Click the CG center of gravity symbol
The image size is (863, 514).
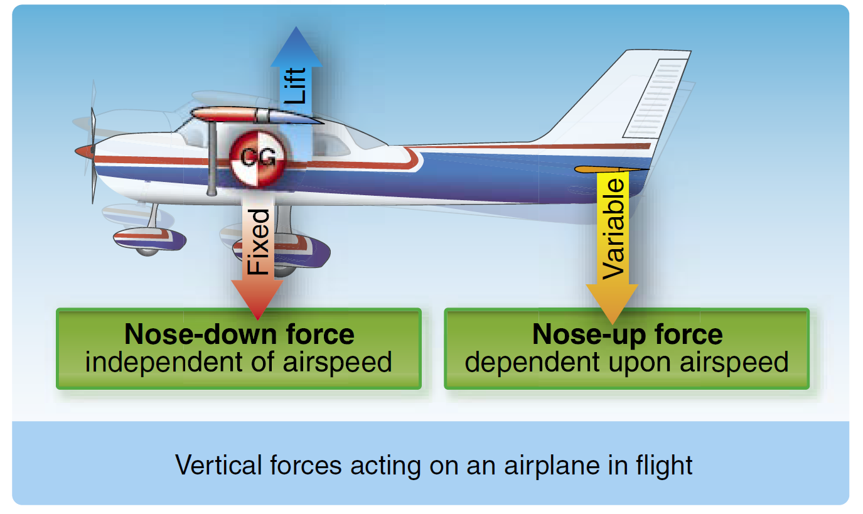(258, 158)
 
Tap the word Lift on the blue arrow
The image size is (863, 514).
(296, 85)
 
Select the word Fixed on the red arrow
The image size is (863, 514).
(258, 242)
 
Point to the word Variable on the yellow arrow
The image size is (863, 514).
(613, 229)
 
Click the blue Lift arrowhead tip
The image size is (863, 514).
(296, 26)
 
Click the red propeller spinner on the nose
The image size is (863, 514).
(85, 151)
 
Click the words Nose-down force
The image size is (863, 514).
(239, 334)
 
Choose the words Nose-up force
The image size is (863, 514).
(627, 334)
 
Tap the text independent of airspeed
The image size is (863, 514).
(239, 363)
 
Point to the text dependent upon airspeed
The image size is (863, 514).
(627, 363)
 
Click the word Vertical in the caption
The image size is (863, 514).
(219, 465)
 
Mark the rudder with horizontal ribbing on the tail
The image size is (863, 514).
(656, 99)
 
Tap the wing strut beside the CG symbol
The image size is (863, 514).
(212, 158)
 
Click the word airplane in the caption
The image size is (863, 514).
(551, 466)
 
